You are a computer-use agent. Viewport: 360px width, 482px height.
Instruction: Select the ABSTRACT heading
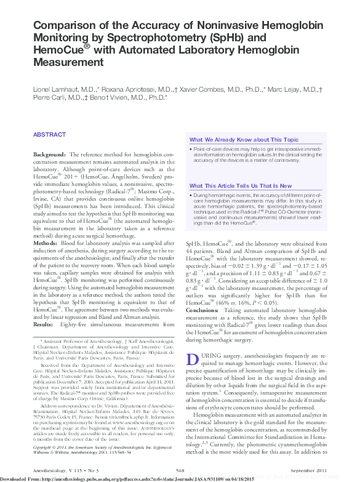point(49,134)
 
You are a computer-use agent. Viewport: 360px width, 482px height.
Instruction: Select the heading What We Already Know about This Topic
point(244,140)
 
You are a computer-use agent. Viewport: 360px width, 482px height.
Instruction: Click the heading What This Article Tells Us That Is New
point(241,185)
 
